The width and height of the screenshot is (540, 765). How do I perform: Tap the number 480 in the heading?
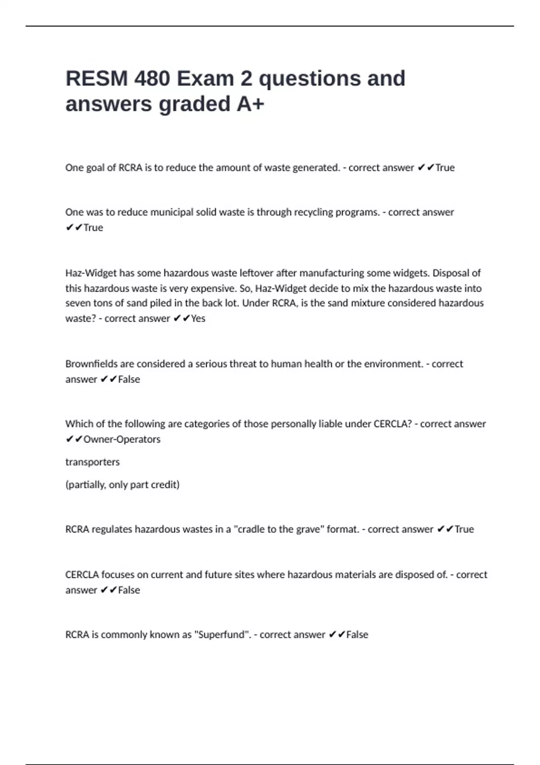(x=152, y=79)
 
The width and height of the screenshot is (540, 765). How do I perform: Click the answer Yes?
(x=198, y=319)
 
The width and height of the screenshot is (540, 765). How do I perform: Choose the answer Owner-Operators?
(x=122, y=439)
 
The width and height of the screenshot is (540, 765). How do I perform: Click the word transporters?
(x=93, y=462)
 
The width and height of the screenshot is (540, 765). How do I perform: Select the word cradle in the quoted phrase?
(x=251, y=530)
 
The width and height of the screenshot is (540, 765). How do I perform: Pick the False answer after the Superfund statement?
(x=357, y=635)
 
